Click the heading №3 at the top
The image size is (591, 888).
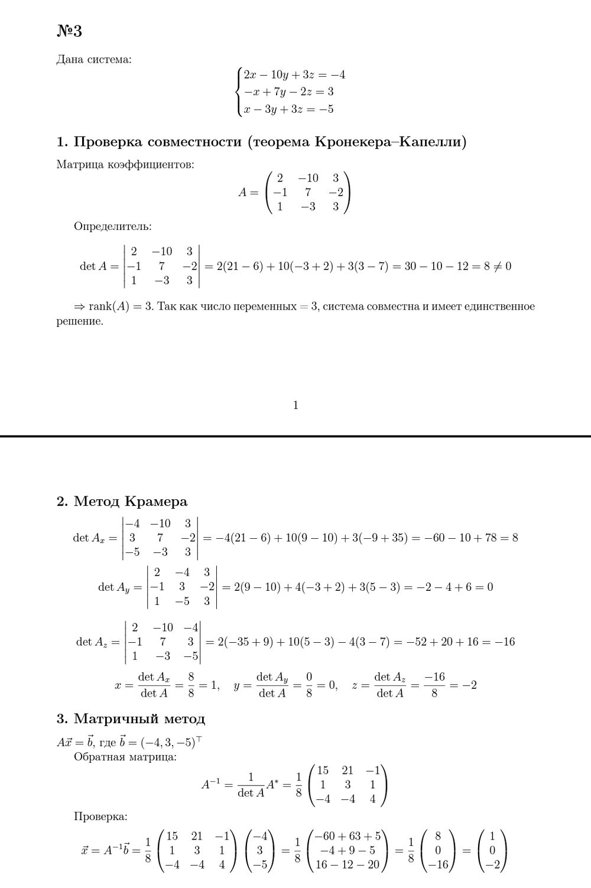click(69, 31)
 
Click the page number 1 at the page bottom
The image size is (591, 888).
click(295, 405)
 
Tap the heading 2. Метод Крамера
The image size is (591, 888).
click(122, 502)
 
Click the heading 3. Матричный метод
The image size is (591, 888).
click(131, 719)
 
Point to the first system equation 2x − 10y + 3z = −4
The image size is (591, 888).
click(294, 75)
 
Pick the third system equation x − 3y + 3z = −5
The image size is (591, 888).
click(288, 109)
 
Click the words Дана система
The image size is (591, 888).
click(94, 59)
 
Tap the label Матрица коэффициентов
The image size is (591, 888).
click(125, 164)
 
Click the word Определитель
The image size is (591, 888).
click(113, 226)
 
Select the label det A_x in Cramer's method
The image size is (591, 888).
click(89, 538)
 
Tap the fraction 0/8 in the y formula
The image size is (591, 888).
click(309, 685)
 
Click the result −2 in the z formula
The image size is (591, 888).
click(469, 685)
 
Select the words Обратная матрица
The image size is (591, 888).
click(125, 757)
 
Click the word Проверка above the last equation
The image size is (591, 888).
click(100, 817)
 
